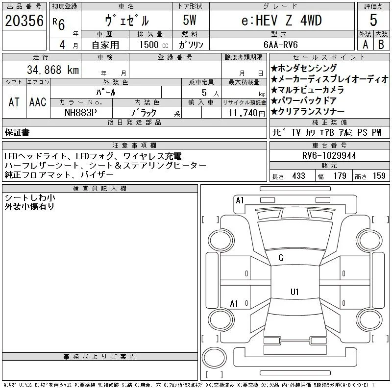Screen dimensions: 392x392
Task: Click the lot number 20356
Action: click(24, 21)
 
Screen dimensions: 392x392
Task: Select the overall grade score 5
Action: click(373, 20)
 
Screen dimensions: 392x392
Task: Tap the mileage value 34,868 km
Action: click(53, 70)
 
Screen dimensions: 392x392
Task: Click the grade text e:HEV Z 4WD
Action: click(281, 20)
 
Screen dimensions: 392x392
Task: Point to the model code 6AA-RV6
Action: click(280, 45)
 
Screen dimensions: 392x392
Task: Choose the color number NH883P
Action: click(80, 113)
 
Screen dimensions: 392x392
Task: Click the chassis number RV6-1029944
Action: click(329, 155)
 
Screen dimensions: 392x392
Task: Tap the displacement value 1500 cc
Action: click(154, 45)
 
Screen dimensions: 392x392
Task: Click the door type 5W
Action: click(190, 20)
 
